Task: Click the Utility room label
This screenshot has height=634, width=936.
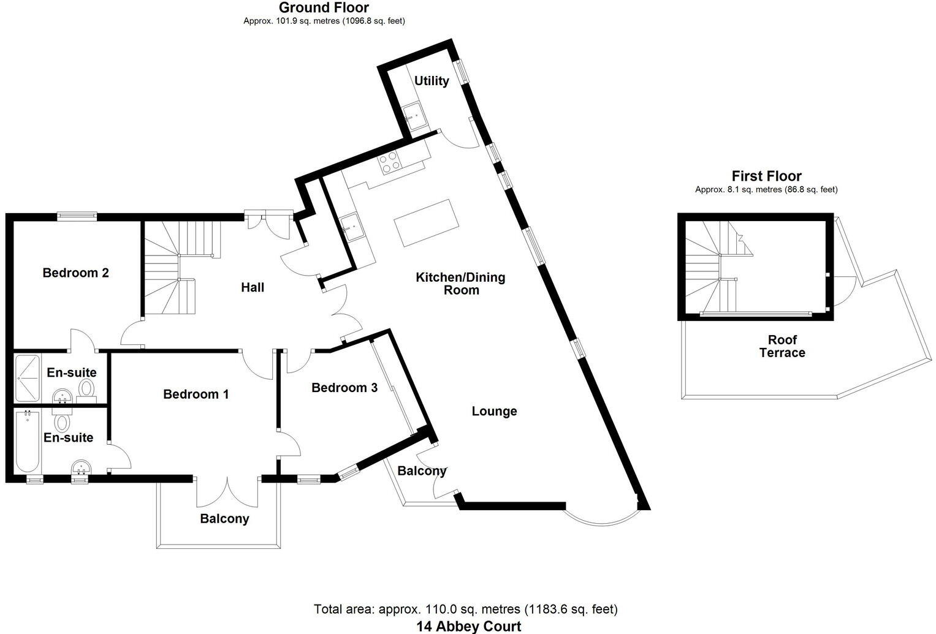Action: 432,81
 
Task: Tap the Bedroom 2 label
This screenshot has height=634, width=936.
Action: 75,273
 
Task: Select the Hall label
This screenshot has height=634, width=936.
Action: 253,287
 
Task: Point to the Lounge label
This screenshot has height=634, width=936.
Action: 494,411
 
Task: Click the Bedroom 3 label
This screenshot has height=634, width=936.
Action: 344,388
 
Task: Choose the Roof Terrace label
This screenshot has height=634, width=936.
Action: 782,346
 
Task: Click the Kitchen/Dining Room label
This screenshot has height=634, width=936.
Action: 461,284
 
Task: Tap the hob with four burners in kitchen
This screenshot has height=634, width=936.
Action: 390,160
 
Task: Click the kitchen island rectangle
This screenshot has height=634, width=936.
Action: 426,222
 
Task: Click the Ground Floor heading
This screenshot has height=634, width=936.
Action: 324,8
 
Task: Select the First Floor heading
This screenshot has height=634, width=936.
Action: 766,176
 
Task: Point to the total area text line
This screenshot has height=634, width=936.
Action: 466,609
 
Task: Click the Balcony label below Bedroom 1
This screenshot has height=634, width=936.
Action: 224,519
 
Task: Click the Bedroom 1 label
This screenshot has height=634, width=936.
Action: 196,394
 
